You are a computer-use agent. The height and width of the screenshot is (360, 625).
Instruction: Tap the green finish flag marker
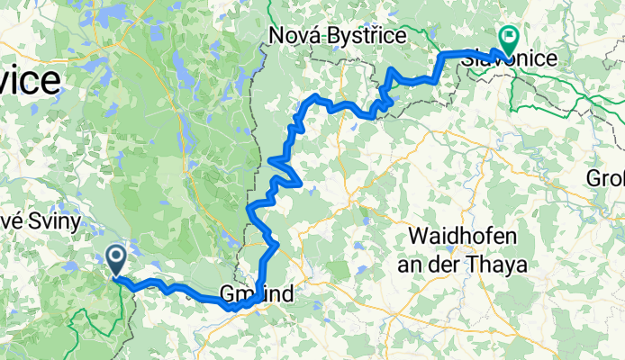tap(507, 40)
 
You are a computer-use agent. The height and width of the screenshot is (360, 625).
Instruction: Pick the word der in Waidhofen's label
tap(457, 265)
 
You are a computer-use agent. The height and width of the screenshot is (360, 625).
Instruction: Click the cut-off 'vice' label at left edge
tap(31, 82)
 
